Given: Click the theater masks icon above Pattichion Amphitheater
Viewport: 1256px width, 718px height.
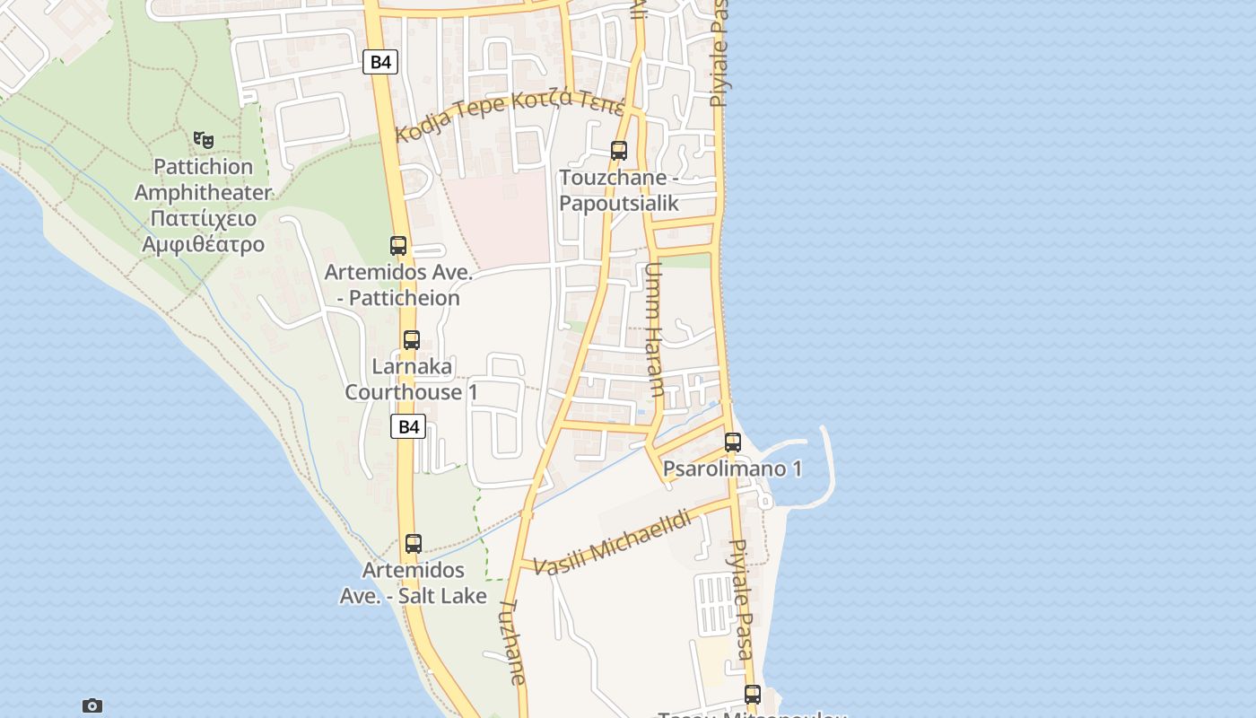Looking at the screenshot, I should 204,140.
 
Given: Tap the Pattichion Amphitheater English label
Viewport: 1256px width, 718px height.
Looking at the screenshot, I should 203,179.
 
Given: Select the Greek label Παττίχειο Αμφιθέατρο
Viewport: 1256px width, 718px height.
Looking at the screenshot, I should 203,231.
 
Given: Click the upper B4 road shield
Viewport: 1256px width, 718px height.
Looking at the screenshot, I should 380,62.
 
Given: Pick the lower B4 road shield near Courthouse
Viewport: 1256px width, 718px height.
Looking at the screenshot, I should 408,426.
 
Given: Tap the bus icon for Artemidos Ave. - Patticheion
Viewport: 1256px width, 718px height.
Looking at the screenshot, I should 398,245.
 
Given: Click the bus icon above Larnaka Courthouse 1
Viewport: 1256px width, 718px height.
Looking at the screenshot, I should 412,340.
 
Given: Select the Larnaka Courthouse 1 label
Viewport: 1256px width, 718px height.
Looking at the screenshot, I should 412,379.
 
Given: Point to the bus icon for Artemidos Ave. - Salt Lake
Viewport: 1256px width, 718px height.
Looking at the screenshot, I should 414,543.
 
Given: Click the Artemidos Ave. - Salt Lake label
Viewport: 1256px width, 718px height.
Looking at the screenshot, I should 414,582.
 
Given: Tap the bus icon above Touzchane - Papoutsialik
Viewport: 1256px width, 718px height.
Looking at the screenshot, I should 619,150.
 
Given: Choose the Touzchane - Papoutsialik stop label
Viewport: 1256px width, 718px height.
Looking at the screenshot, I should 619,190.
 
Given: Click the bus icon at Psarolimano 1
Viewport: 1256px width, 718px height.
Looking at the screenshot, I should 733,442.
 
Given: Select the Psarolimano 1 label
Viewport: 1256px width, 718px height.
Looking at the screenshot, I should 732,468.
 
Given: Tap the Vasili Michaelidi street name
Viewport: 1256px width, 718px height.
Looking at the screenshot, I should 612,541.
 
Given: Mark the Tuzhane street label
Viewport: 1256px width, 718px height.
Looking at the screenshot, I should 514,642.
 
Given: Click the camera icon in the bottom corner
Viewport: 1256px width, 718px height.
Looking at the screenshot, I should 92,705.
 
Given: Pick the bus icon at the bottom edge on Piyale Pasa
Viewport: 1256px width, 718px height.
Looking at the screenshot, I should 753,694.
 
